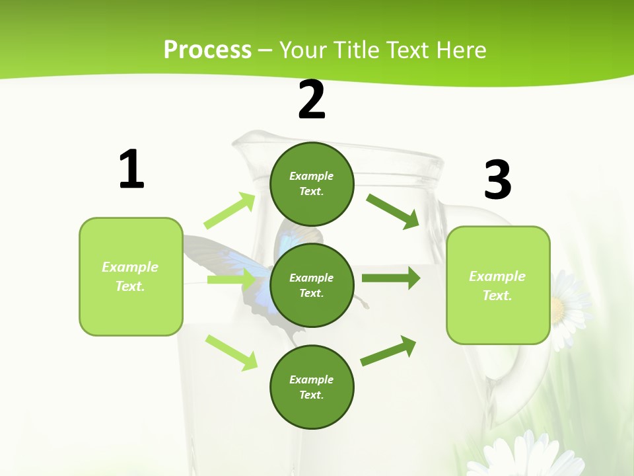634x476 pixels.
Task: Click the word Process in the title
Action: pos(207,50)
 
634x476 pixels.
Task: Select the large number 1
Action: pos(131,169)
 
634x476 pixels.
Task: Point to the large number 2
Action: pos(312,100)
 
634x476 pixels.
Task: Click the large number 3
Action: pos(497,180)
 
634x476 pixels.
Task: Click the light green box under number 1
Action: pos(131,276)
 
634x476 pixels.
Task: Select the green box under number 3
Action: pos(498,285)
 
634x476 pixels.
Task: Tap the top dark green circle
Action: pos(312,184)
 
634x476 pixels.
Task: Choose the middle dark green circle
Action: pos(312,285)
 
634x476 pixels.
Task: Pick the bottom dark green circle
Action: pos(312,387)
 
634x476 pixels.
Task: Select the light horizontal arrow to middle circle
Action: pos(231,280)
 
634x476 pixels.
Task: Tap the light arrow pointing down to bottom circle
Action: pos(231,352)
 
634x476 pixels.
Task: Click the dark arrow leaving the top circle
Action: pos(393,211)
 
